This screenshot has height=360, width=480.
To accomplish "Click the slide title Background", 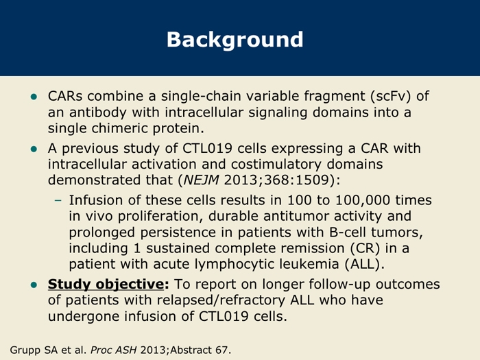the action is (x=235, y=40).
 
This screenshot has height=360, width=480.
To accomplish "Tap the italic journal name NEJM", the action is (x=201, y=180).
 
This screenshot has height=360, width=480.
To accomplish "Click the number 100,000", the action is (x=363, y=200).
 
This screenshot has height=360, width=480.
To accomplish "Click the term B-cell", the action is (x=348, y=232).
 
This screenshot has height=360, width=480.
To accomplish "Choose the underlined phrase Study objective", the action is (x=106, y=284).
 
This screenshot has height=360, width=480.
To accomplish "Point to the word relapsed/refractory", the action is (x=221, y=300).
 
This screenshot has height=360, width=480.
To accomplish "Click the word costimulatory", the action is (x=276, y=164).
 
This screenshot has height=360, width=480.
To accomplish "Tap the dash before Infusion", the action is (x=58, y=200).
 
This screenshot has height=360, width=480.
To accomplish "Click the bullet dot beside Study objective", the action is (x=34, y=285).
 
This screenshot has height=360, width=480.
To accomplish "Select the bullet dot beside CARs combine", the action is (x=34, y=97).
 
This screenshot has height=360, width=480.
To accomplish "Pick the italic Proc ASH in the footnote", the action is (x=114, y=350).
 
